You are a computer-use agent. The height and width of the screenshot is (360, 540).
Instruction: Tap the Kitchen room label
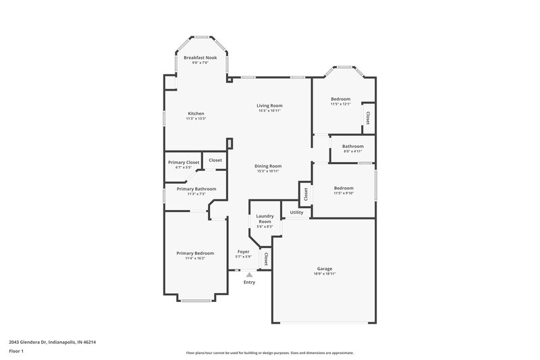[196, 113]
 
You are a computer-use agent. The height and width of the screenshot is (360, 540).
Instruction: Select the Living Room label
[269, 105]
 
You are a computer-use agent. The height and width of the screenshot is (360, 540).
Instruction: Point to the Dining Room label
[268, 166]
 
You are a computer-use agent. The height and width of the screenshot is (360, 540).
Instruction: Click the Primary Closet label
[183, 162]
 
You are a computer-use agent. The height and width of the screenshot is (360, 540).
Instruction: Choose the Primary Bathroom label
[196, 189]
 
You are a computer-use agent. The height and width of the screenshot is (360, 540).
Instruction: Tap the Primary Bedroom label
[195, 253]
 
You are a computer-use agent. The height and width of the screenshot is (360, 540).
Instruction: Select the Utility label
[296, 212]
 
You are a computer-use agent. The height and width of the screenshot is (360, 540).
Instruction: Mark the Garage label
[325, 268]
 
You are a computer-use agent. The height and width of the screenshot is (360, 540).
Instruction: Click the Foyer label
[243, 251]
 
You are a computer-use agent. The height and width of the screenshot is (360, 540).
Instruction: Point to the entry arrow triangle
[249, 275]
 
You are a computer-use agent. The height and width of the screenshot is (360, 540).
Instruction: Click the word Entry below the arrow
[249, 282]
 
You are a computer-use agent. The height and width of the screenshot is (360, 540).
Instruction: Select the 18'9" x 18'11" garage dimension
[325, 274]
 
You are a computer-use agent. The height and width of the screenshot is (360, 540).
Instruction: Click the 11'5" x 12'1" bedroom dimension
[340, 104]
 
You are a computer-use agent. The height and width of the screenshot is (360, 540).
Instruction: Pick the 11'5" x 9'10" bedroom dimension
[343, 193]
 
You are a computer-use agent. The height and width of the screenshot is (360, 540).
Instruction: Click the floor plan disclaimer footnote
[270, 353]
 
